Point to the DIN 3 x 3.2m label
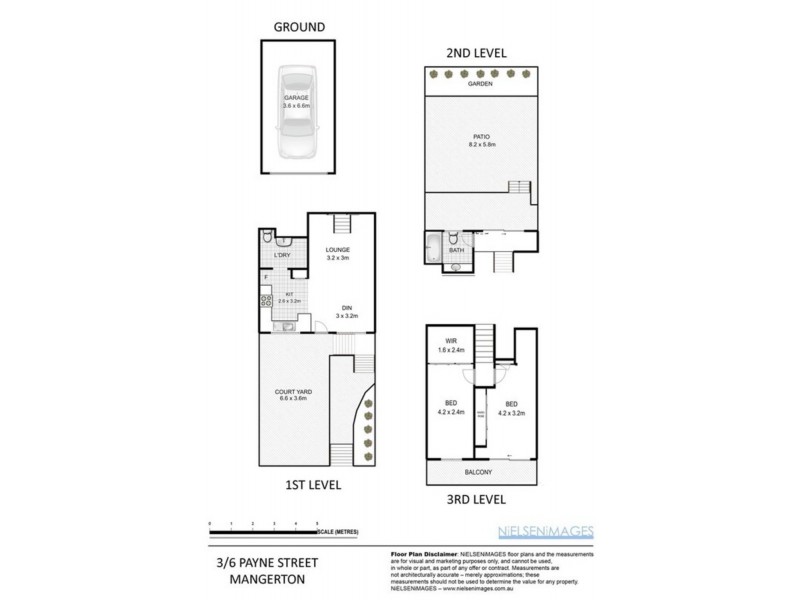click(x=345, y=311)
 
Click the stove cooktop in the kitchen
click(x=268, y=301)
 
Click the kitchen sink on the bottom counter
click(x=285, y=326)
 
